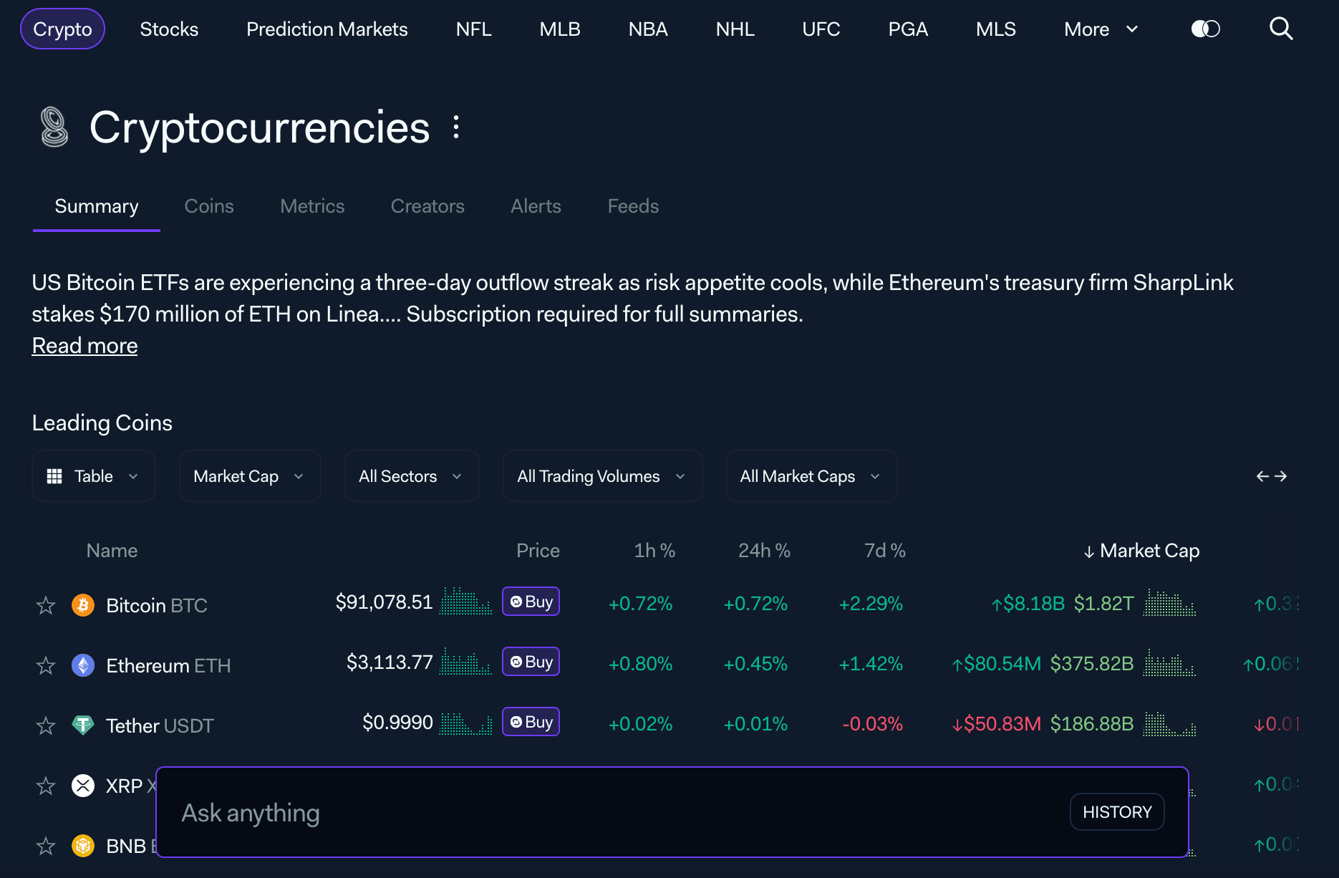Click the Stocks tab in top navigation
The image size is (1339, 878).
coord(169,29)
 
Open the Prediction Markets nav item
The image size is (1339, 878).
coord(327,29)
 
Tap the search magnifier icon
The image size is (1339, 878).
coord(1280,29)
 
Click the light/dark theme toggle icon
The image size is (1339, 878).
coord(1205,29)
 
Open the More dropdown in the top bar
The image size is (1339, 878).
coord(1101,29)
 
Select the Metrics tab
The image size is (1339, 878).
coord(312,206)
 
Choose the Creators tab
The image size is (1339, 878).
coord(427,206)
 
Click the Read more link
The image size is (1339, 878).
coord(84,345)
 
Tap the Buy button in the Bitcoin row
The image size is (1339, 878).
coord(531,602)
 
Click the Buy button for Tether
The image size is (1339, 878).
coord(531,722)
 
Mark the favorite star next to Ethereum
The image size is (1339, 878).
coord(46,665)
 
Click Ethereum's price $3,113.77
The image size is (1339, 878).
coord(390,662)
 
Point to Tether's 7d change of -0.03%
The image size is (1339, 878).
coord(872,724)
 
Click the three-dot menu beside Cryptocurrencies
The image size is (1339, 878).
coord(456,127)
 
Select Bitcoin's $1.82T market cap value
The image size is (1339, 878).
coord(1103,604)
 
